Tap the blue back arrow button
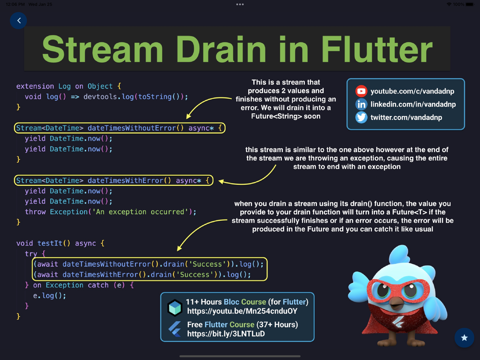(x=18, y=21)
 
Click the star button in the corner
(x=464, y=337)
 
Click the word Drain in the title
(x=220, y=49)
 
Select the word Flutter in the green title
(x=377, y=49)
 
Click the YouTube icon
(x=361, y=91)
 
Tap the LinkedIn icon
(x=361, y=104)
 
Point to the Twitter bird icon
(x=361, y=118)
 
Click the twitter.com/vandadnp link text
(x=406, y=118)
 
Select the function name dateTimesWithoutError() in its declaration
(x=136, y=128)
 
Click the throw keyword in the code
(x=35, y=212)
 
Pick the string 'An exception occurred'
(x=140, y=212)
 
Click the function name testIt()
(x=54, y=243)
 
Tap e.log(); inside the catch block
(x=49, y=296)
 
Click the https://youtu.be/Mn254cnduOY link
(x=242, y=312)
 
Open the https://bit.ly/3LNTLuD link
(x=226, y=334)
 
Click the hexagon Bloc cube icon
(x=175, y=307)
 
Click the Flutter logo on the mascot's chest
(x=398, y=322)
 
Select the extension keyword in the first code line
(x=35, y=86)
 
